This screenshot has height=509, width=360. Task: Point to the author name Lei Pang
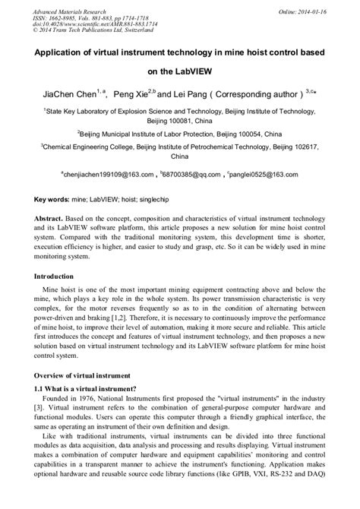coord(192,96)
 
